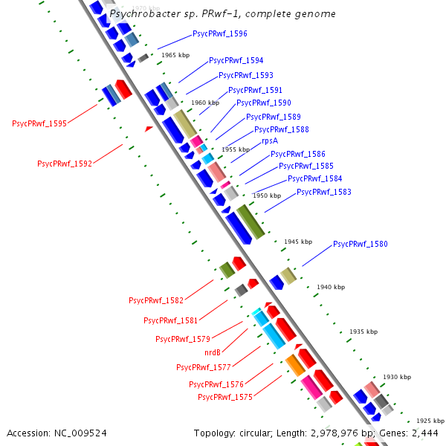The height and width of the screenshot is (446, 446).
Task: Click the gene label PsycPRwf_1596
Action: click(220, 34)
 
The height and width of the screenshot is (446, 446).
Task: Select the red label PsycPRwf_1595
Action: click(39, 123)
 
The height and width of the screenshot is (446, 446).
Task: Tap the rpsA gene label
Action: click(270, 141)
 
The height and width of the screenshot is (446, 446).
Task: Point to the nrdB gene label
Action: click(213, 352)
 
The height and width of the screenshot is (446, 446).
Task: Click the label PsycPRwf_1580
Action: click(361, 244)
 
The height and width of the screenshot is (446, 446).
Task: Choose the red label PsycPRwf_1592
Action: click(65, 164)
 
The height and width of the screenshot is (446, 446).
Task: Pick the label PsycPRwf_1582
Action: click(156, 300)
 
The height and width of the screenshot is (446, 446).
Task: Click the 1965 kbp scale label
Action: click(175, 55)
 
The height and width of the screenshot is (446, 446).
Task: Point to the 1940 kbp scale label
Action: click(331, 287)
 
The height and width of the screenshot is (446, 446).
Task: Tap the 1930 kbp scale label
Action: click(397, 377)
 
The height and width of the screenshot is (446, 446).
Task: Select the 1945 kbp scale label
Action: click(298, 242)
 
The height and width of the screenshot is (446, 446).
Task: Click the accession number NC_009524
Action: click(80, 433)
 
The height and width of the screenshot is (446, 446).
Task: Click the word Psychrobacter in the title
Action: click(145, 14)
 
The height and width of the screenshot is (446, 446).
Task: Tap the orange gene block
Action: click(295, 365)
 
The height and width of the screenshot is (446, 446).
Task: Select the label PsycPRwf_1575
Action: click(225, 398)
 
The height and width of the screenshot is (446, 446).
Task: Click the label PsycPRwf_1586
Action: click(298, 154)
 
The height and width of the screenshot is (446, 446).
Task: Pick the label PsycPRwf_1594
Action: click(236, 61)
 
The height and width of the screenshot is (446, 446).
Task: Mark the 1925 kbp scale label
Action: click(430, 421)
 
